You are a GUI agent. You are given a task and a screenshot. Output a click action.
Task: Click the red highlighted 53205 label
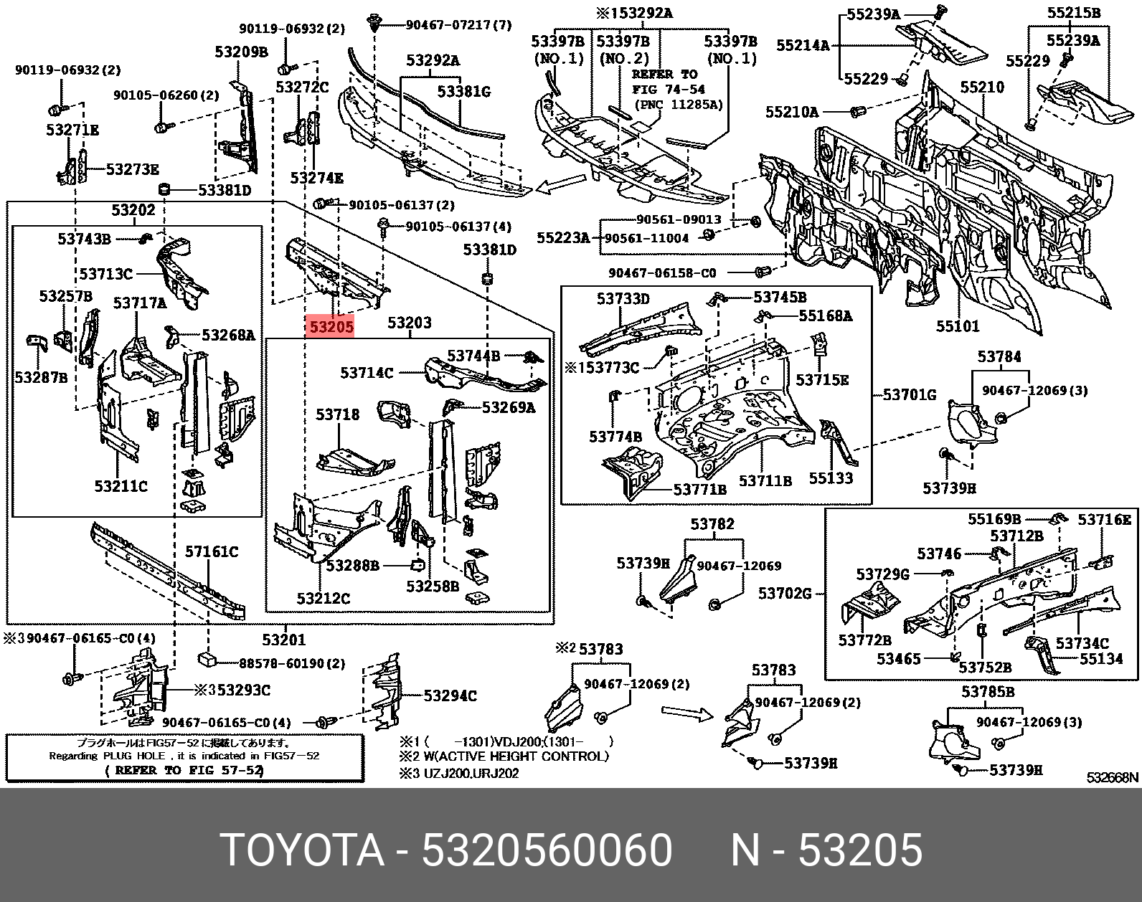(x=331, y=327)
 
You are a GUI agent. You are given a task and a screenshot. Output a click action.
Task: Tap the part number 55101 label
(x=957, y=327)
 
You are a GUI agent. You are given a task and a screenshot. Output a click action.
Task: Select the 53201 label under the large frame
(x=283, y=640)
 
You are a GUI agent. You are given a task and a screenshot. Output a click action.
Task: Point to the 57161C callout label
(x=212, y=551)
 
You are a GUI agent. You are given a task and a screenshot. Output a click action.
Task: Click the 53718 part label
(x=338, y=414)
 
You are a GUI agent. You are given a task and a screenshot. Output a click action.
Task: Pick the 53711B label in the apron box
(x=765, y=480)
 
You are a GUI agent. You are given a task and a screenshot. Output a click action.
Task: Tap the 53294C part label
(x=450, y=696)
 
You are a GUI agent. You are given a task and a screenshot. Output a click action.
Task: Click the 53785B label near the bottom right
(x=988, y=691)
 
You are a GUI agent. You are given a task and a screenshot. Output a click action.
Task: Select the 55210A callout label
(x=792, y=112)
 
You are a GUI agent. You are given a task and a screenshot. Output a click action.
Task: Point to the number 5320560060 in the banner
(x=547, y=851)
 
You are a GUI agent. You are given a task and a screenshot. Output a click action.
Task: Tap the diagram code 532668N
(x=1112, y=777)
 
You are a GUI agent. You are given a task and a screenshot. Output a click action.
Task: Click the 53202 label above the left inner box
(x=133, y=210)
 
